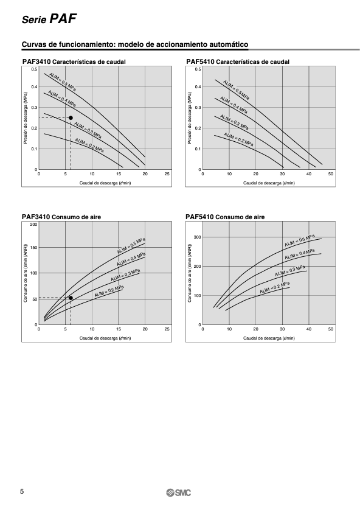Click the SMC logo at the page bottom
[178, 492]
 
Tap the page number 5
[22, 492]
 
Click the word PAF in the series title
[63, 19]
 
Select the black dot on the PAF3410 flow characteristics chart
[71, 117]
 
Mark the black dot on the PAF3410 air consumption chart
[71, 298]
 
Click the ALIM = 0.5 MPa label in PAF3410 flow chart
[63, 82]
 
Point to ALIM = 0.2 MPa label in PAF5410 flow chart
[238, 139]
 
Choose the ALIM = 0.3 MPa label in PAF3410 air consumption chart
[125, 275]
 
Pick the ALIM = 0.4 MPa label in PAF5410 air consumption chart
[300, 254]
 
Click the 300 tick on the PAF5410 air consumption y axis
[198, 237]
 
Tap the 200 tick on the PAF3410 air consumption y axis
[33, 225]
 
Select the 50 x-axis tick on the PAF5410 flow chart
[331, 174]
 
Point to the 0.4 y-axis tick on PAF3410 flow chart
[34, 87]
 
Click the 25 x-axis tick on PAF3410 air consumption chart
[167, 329]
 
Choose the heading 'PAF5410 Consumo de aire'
[225, 217]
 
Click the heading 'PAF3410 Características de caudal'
[74, 61]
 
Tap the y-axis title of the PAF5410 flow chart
[190, 117]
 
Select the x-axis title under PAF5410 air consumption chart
[269, 338]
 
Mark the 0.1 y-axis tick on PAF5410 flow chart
[198, 149]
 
